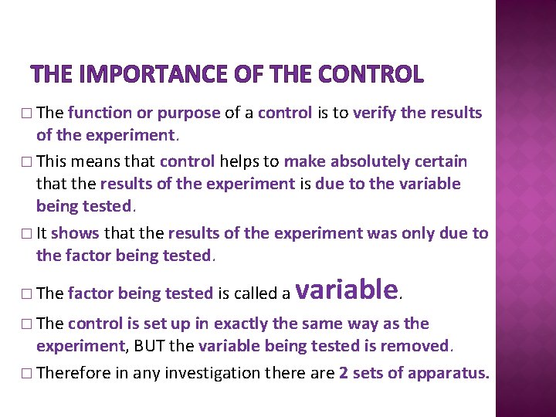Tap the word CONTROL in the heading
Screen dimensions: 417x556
tap(371, 74)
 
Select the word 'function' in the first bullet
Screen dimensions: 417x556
tap(100, 113)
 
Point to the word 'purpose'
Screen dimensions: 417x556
tap(189, 113)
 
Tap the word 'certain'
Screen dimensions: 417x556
tap(440, 162)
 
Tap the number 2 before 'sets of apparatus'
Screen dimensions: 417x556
tap(343, 373)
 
